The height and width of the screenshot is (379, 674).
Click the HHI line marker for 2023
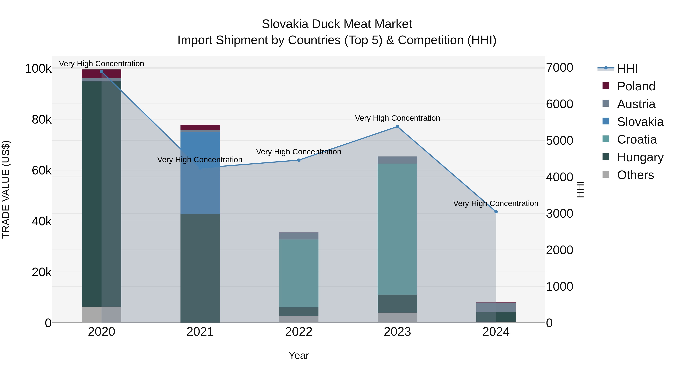(397, 127)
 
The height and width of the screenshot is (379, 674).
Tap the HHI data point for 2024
(496, 212)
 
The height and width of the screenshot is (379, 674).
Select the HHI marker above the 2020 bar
(101, 72)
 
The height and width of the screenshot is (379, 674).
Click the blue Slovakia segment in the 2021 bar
(200, 173)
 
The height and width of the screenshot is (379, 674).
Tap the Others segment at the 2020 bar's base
(101, 314)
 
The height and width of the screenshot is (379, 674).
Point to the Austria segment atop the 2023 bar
(397, 160)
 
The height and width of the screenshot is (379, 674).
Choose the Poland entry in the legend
(636, 86)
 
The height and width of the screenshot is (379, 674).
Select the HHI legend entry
(627, 69)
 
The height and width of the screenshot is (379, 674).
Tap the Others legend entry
(635, 175)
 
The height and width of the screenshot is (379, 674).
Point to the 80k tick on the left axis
(41, 120)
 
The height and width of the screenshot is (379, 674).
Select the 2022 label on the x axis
(299, 332)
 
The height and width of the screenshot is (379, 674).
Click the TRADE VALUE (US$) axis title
(6, 189)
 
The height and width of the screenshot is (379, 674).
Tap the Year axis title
(299, 355)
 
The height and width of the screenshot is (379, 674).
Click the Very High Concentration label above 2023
(397, 118)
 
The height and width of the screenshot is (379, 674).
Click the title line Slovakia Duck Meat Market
(337, 24)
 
